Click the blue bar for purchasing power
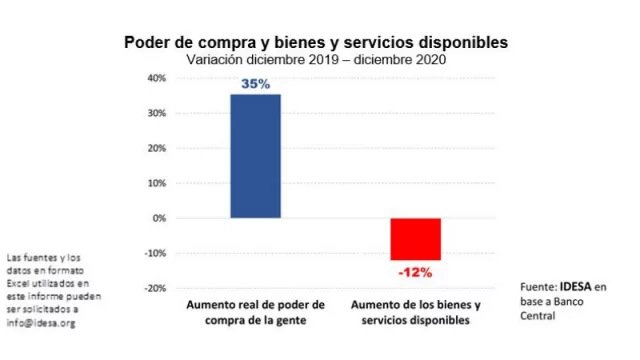255,156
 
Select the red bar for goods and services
415,239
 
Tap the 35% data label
255,85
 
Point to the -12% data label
414,272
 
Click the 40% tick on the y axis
156,78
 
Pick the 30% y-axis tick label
156,113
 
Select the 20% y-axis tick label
156,148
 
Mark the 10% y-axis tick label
156,183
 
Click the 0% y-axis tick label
159,218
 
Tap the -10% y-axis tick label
154,253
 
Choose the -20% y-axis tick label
154,288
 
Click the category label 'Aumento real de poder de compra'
256,312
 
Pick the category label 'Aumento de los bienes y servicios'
414,312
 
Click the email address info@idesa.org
40,323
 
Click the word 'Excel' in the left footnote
20,284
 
